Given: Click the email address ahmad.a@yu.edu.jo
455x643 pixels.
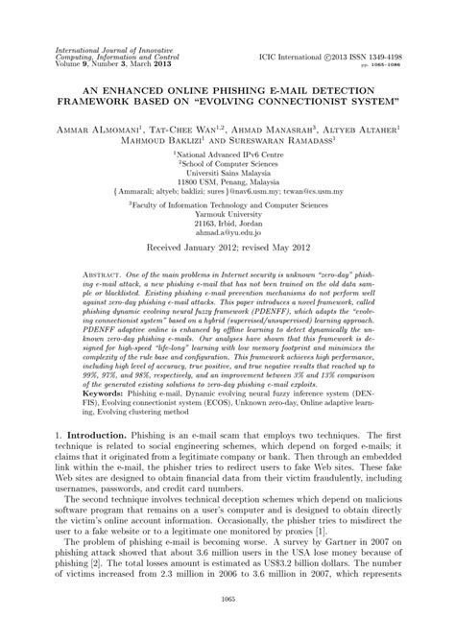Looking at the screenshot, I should point(227,219).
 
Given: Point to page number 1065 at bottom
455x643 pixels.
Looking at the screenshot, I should point(227,625).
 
